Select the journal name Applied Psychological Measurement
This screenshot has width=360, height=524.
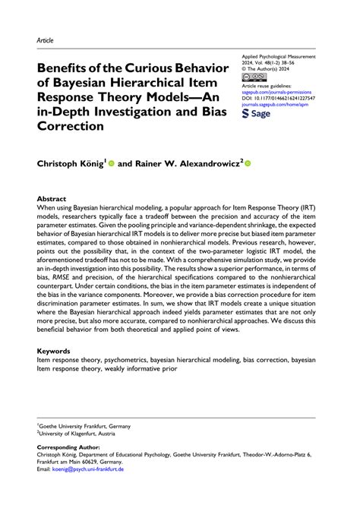281,57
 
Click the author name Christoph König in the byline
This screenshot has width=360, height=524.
68,163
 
